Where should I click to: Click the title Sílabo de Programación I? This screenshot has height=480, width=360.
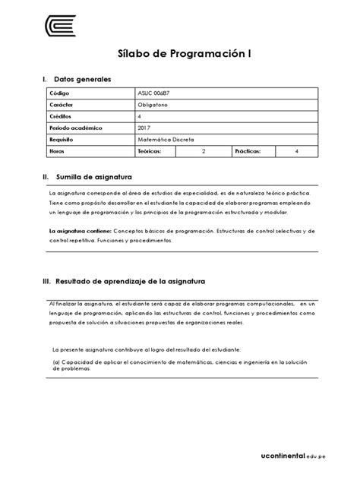click(x=179, y=55)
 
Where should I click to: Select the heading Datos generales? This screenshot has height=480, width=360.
click(x=83, y=79)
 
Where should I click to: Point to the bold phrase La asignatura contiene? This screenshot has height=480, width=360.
click(x=80, y=229)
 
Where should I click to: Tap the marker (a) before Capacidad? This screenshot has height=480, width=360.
click(x=56, y=362)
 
